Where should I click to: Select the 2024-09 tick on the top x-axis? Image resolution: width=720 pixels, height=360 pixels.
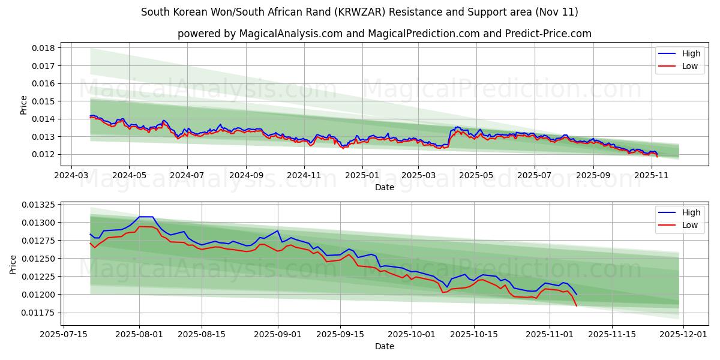point(245,176)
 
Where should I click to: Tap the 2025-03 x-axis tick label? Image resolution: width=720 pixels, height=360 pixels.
point(418,176)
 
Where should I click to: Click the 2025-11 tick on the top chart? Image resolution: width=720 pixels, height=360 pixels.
point(651,176)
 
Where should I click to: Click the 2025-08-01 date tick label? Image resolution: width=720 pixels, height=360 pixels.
point(140,334)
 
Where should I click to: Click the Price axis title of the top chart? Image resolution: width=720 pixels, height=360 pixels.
point(23,105)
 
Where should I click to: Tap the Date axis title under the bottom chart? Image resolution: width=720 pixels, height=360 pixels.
point(384,346)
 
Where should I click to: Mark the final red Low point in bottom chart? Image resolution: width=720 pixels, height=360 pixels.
point(576,306)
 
